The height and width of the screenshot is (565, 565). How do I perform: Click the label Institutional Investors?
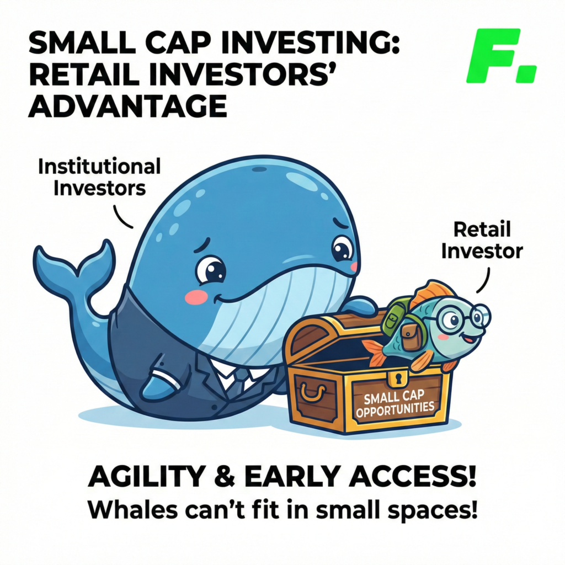(x=99, y=177)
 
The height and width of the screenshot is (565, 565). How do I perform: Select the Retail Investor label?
(x=482, y=241)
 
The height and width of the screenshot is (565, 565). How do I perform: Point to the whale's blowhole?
(x=259, y=169)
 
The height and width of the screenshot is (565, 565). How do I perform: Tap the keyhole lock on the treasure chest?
(x=398, y=378)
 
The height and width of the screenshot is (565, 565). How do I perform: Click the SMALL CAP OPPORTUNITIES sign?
(x=395, y=403)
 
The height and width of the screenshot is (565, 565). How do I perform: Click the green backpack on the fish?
(x=393, y=315)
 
